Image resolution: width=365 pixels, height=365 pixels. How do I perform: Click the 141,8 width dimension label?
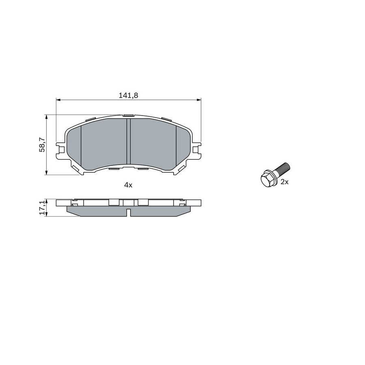(129, 95)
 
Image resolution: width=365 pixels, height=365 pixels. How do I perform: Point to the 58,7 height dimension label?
(42, 144)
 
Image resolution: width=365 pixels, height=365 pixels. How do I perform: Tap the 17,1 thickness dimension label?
(42, 208)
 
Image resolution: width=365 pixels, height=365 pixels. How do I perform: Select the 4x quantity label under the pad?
(128, 185)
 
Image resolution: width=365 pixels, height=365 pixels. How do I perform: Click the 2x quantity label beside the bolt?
(284, 182)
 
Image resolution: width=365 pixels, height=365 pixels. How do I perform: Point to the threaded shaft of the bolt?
(283, 169)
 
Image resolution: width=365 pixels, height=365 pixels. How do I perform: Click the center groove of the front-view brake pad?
(129, 141)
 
